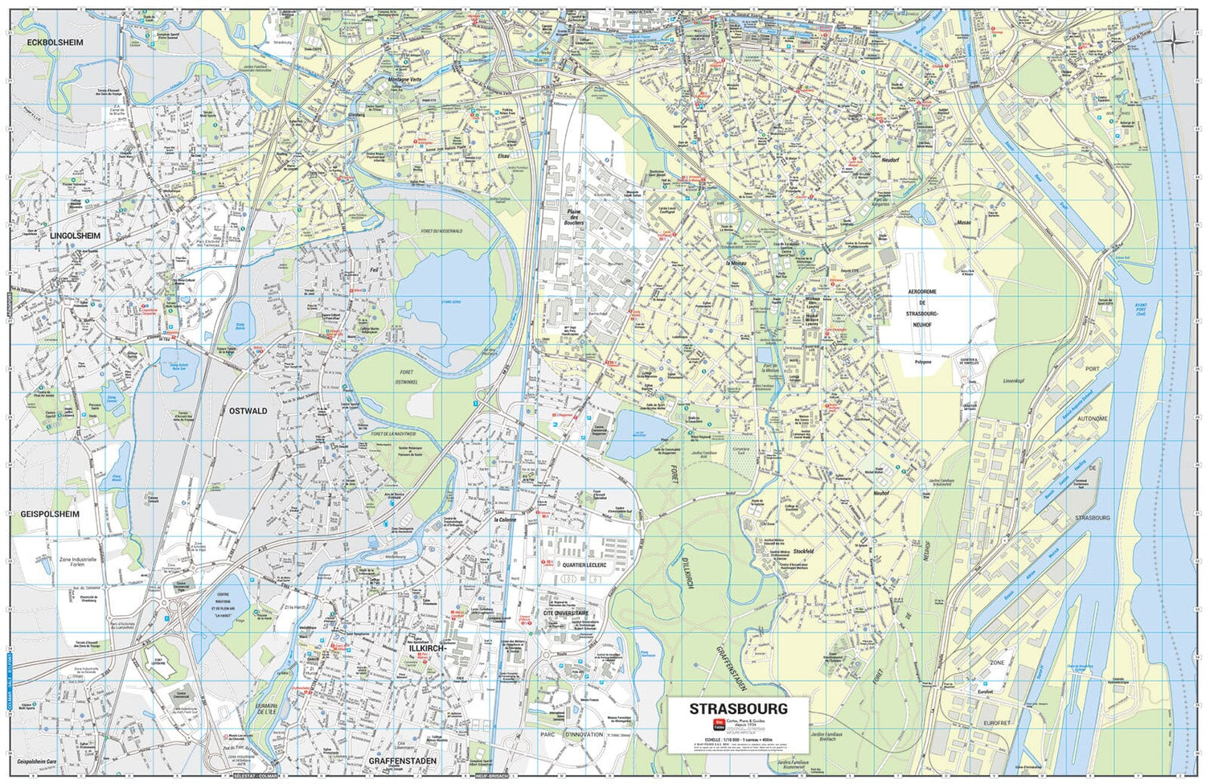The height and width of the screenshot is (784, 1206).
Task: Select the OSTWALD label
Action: [x=248, y=411]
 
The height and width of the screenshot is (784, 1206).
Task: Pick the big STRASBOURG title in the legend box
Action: [x=738, y=709]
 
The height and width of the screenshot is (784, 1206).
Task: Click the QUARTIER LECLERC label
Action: [x=585, y=564]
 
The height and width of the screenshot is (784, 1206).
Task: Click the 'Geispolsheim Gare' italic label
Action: [x=41, y=759]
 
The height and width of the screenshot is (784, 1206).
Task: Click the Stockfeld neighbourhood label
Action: [x=803, y=552]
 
